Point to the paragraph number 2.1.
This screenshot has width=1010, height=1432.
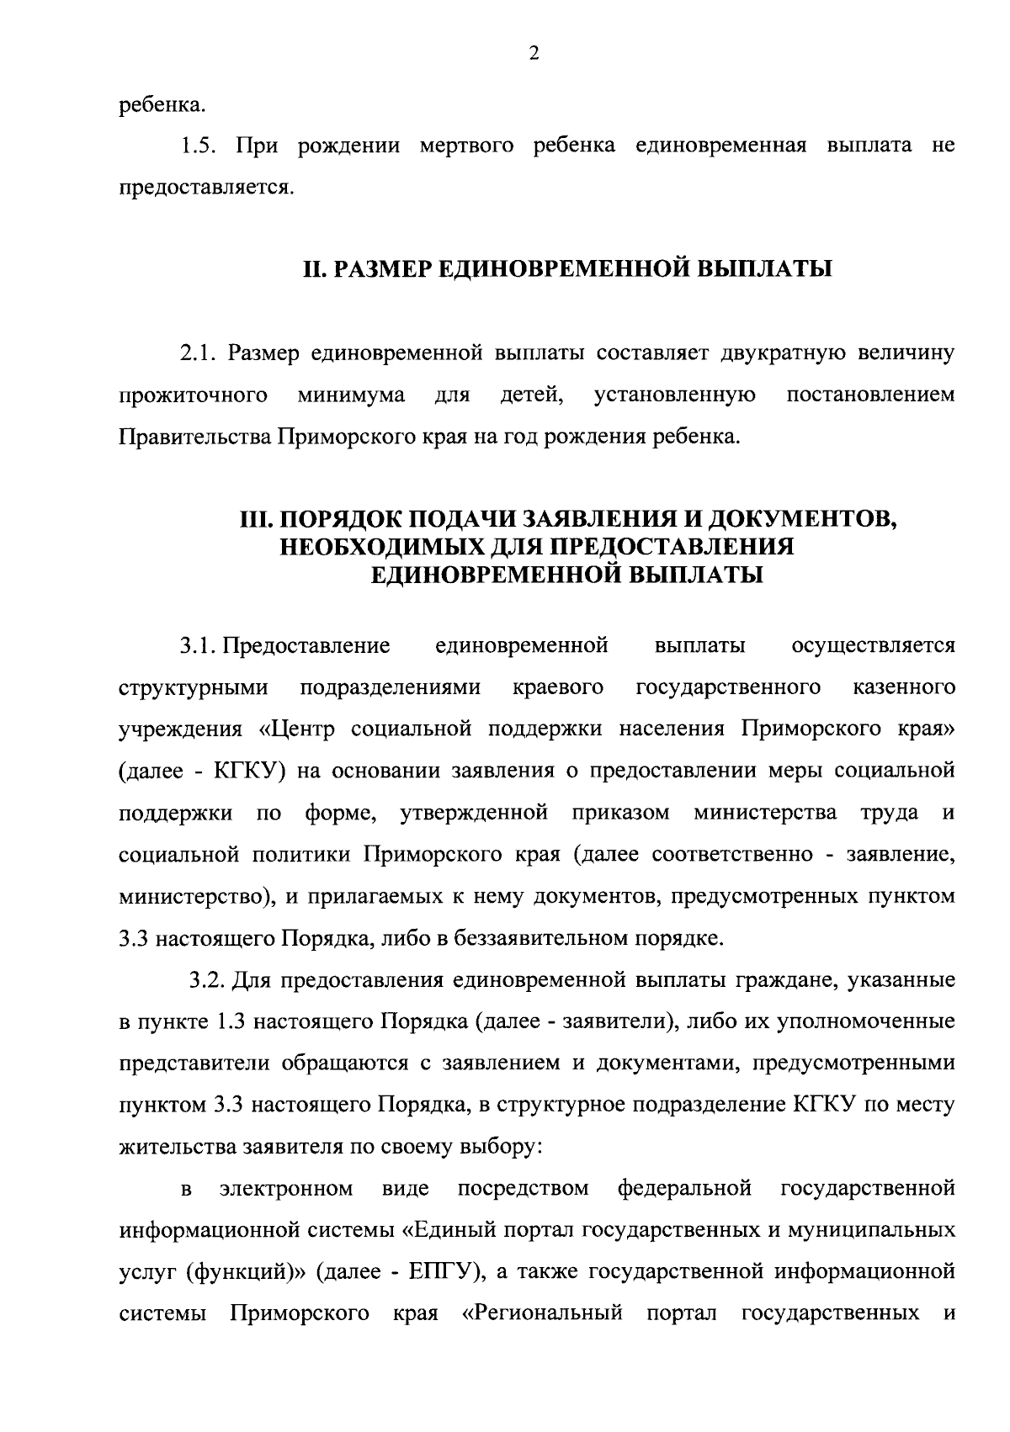199,353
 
